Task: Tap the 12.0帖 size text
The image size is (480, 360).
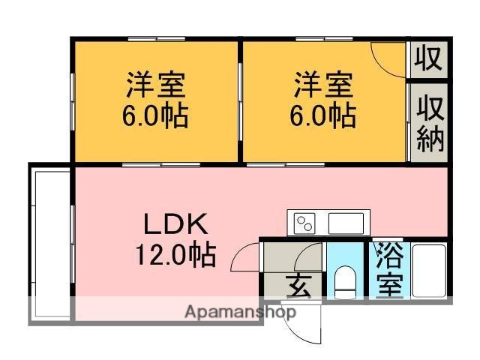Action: coord(175,256)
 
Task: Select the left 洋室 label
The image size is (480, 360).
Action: coord(155,82)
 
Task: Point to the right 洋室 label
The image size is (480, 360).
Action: coord(323,82)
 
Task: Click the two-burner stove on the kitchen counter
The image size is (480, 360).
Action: coord(304,223)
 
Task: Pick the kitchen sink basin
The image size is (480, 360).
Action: coord(346,223)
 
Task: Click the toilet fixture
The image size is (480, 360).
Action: coord(344,280)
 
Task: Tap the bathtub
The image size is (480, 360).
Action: coord(429,270)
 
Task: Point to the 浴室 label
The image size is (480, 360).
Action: coord(388,270)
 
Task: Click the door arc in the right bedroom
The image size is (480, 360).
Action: coord(388,58)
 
